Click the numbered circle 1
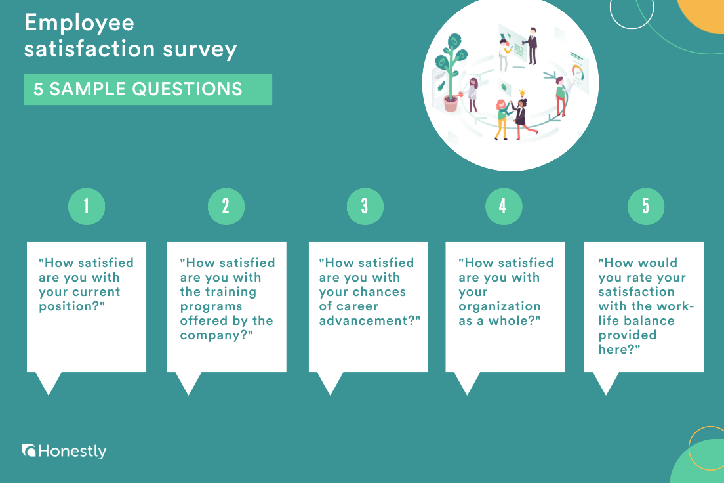(87, 206)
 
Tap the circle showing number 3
(365, 206)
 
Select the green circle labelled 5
(645, 206)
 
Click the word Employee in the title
(79, 23)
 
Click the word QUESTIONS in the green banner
(187, 89)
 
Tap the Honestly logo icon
(29, 450)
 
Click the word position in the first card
(68, 306)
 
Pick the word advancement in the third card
(365, 320)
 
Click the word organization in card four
(500, 306)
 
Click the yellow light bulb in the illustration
(522, 93)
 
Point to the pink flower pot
(451, 103)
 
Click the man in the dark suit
(532, 45)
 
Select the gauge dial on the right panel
(578, 73)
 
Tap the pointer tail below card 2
(188, 383)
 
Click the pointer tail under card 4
(467, 383)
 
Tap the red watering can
(460, 94)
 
